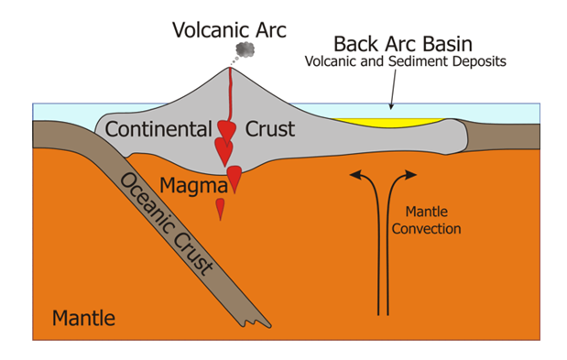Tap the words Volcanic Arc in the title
230,28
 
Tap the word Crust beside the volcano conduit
270,129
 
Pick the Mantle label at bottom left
83,319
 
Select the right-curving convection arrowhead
410,173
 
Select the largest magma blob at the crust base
235,177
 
